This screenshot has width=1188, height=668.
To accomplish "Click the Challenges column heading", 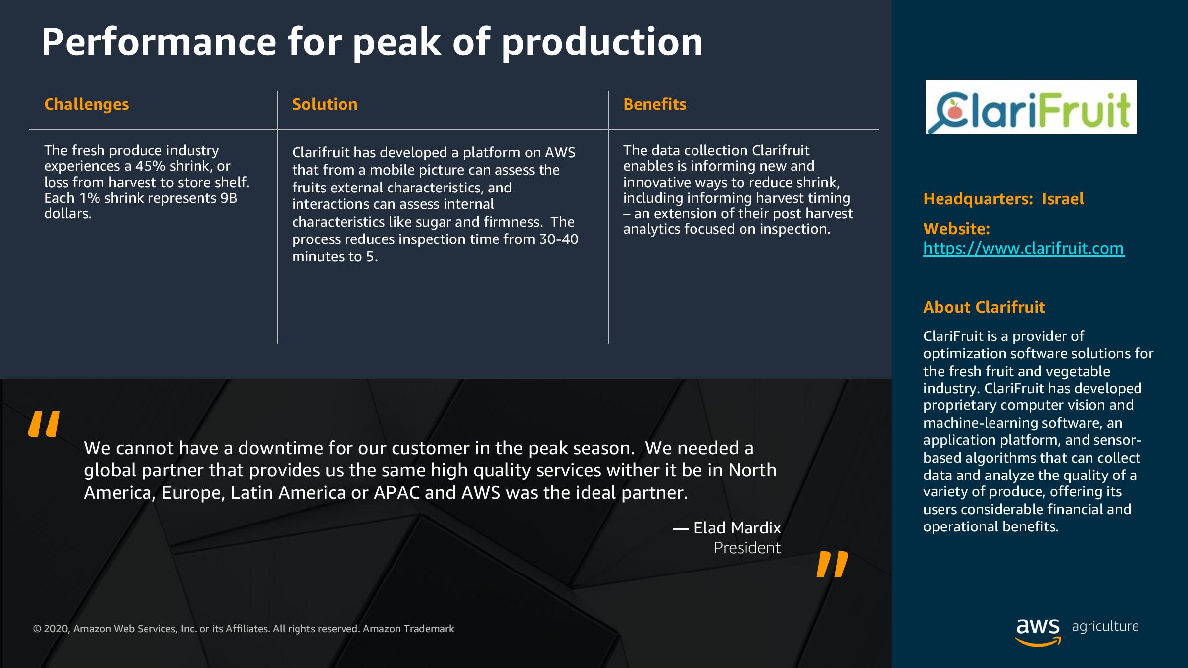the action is click(87, 105).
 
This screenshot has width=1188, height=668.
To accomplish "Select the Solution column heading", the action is click(325, 104).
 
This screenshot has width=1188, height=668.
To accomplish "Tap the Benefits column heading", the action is click(654, 104).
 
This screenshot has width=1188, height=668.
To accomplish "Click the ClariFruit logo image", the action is click(1031, 107).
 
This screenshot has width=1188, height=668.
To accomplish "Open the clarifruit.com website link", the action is click(1024, 248).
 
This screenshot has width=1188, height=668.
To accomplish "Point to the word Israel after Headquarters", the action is click(1063, 199).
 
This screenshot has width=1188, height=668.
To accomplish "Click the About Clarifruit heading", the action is click(984, 307).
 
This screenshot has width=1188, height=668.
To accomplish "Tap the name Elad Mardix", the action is click(737, 528).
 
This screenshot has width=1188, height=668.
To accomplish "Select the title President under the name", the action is click(747, 548).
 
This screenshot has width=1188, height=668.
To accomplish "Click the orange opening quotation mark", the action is click(44, 424).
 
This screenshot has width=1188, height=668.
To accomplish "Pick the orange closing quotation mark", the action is click(832, 565).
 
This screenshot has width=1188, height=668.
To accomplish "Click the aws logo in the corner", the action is click(1038, 632).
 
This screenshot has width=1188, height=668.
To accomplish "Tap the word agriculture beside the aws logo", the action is click(1105, 627).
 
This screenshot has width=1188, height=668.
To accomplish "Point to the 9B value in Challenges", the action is click(229, 198).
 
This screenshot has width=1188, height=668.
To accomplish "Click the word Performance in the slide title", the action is click(159, 42).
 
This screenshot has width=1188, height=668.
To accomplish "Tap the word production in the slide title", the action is click(602, 43).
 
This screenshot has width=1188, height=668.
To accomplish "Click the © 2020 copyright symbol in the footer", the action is click(37, 629).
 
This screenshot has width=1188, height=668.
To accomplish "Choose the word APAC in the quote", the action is click(396, 493).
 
